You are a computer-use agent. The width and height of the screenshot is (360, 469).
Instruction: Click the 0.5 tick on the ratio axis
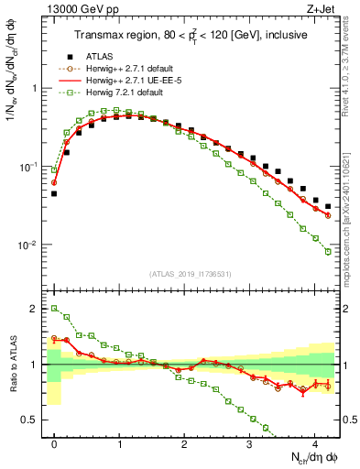click(32, 420)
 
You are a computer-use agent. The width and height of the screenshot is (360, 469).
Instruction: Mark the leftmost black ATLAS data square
click(54, 193)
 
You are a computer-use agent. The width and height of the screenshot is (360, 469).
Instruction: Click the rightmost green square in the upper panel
click(328, 252)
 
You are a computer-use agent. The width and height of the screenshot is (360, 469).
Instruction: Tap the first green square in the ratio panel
click(54, 309)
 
